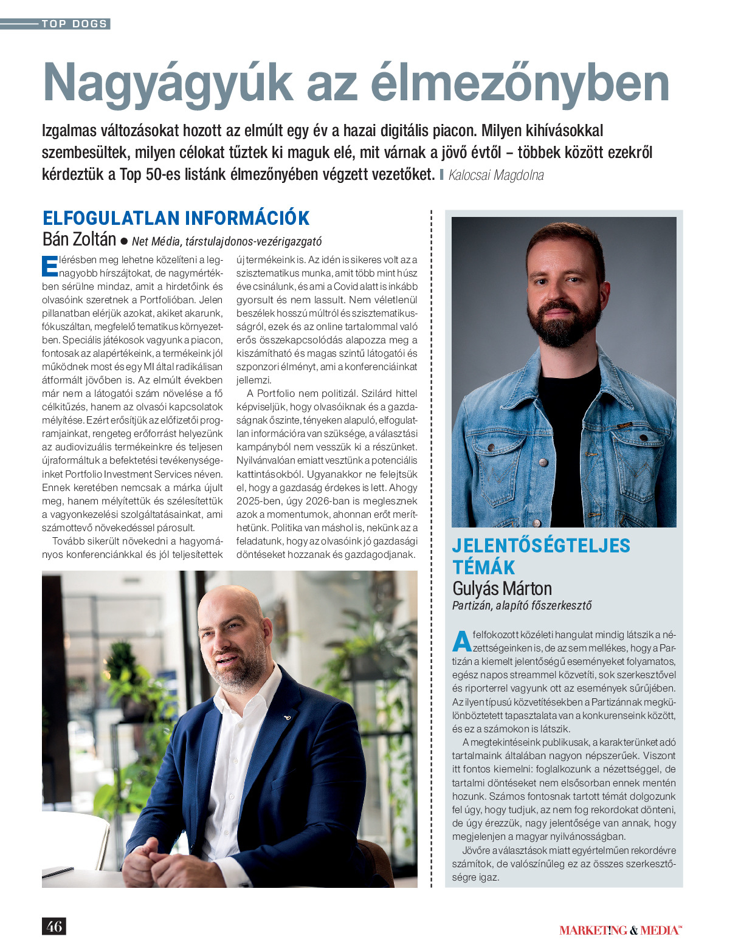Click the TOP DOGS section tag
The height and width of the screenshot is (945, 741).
pos(74,24)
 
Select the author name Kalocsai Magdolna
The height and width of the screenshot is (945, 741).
pos(496,176)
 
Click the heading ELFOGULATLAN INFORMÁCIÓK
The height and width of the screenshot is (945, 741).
pos(176,218)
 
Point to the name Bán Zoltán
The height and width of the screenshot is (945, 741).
pos(79,239)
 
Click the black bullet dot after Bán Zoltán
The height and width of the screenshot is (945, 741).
pos(124,241)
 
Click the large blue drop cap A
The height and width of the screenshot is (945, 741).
pos(462,642)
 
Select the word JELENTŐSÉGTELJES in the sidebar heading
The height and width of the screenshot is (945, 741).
pos(541,546)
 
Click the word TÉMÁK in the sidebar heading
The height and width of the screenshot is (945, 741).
pos(483,568)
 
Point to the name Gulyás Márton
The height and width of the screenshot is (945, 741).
pos(502,589)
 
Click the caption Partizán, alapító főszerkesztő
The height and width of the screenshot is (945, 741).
pos(522,606)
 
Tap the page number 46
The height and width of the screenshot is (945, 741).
pos(53,926)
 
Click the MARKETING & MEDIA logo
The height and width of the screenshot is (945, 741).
pos(621,930)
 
